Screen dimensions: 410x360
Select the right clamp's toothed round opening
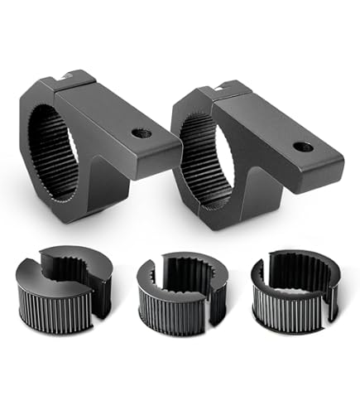tap(203, 162)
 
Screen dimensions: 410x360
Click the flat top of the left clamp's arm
tap(124, 116)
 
